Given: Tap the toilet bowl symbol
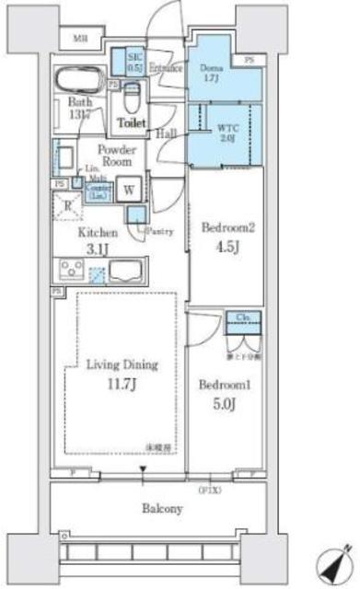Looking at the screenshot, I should click(x=130, y=94).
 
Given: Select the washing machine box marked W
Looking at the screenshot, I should click(x=129, y=186).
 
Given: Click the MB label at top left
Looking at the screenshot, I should click(x=81, y=39).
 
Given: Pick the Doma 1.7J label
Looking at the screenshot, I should click(x=210, y=71).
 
